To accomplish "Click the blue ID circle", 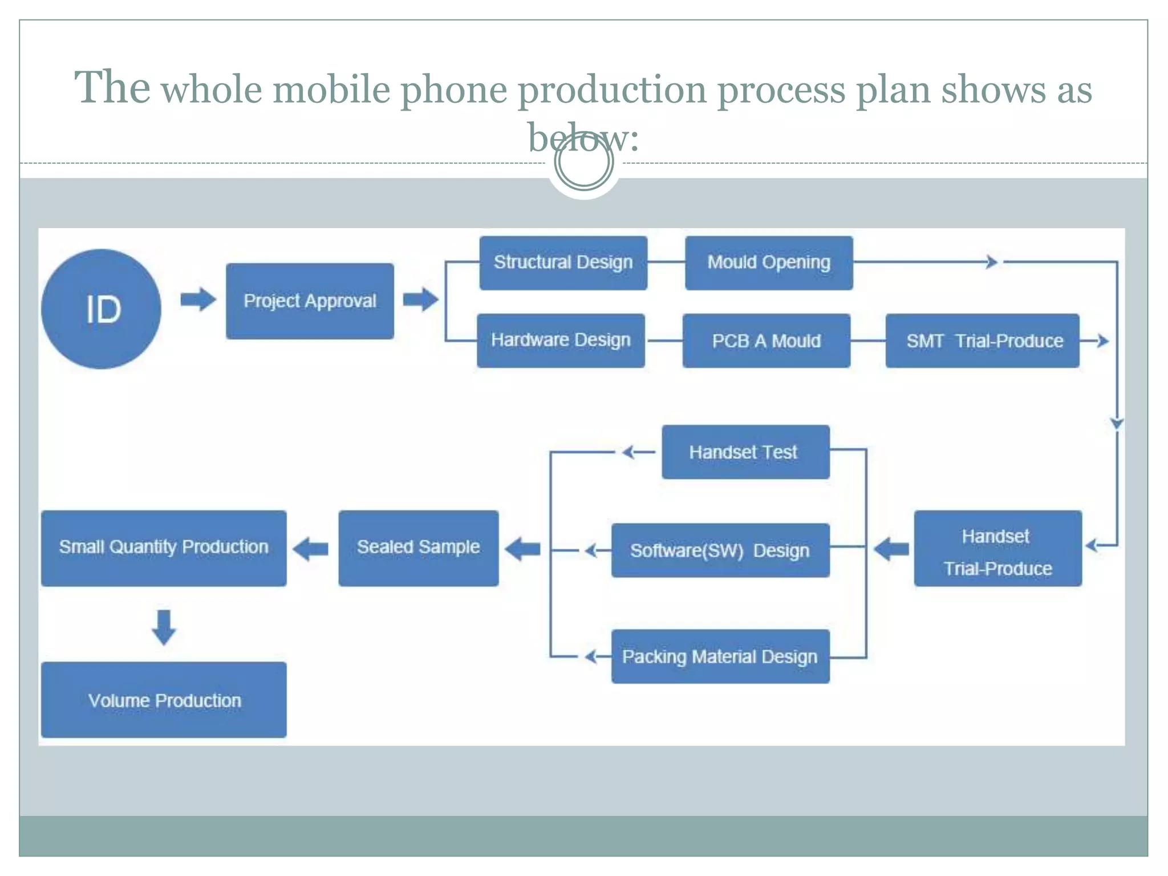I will [x=101, y=309].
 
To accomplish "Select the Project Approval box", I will [x=310, y=301].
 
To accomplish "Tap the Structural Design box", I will [x=563, y=263].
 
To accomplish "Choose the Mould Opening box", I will [x=769, y=263].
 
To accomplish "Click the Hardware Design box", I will [x=561, y=340].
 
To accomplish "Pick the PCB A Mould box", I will [x=766, y=340].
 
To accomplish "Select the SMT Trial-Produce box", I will [x=982, y=340].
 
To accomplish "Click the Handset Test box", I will [x=745, y=452].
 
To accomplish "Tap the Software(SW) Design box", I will [x=720, y=550].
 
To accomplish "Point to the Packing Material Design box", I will [x=720, y=656].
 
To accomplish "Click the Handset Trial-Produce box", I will [x=997, y=549].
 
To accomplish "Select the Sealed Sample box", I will [x=418, y=548].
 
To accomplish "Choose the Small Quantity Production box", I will [x=164, y=548].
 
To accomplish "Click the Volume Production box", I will [x=164, y=700].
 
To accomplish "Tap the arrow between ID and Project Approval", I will [x=198, y=299].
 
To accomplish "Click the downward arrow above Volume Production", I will [x=164, y=627].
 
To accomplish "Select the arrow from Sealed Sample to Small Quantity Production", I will [x=311, y=549].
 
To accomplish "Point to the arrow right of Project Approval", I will [x=420, y=299].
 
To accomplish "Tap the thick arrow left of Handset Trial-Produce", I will [x=891, y=549].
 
